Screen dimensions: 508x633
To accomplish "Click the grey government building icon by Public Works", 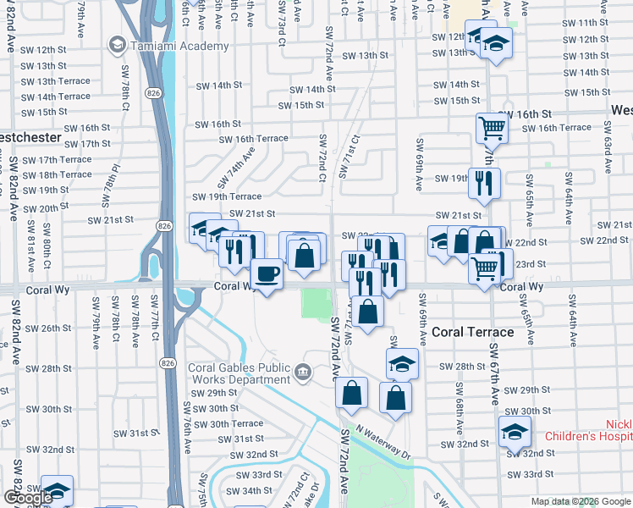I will pos(302,371).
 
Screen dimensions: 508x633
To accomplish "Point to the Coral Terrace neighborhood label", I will pos(472,332).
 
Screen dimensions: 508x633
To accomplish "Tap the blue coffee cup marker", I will pos(267,274).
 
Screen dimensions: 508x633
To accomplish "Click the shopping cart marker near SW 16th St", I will pos(492,129).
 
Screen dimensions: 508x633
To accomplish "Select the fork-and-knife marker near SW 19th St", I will pos(484,183).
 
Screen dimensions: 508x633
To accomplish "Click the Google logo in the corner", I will pos(27,498).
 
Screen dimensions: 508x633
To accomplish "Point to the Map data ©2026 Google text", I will pos(581,501).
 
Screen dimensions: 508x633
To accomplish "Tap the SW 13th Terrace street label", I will pos(57,81).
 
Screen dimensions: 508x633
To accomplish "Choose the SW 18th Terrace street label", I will pos(57,174).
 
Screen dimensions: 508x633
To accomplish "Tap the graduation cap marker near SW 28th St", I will pos(402,364).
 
